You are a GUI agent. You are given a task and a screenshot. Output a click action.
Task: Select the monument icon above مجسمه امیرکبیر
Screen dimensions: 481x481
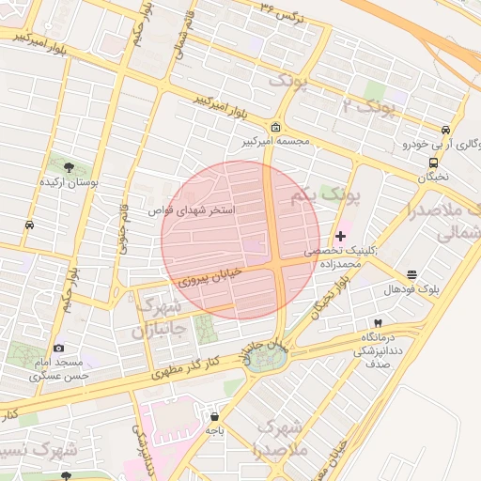pyautogui.click(x=274, y=128)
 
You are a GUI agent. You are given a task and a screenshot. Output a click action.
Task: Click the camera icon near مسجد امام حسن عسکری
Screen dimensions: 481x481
pyautogui.click(x=59, y=349)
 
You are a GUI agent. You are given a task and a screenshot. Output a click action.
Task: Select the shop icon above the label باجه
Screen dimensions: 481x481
pyautogui.click(x=214, y=416)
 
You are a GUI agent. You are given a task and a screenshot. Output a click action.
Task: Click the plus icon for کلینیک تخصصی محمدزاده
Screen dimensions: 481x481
pyautogui.click(x=340, y=235)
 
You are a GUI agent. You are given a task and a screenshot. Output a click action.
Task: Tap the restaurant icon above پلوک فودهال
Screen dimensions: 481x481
pyautogui.click(x=411, y=275)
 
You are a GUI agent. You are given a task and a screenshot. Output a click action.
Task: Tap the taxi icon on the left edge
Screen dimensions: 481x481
pyautogui.click(x=30, y=225)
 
